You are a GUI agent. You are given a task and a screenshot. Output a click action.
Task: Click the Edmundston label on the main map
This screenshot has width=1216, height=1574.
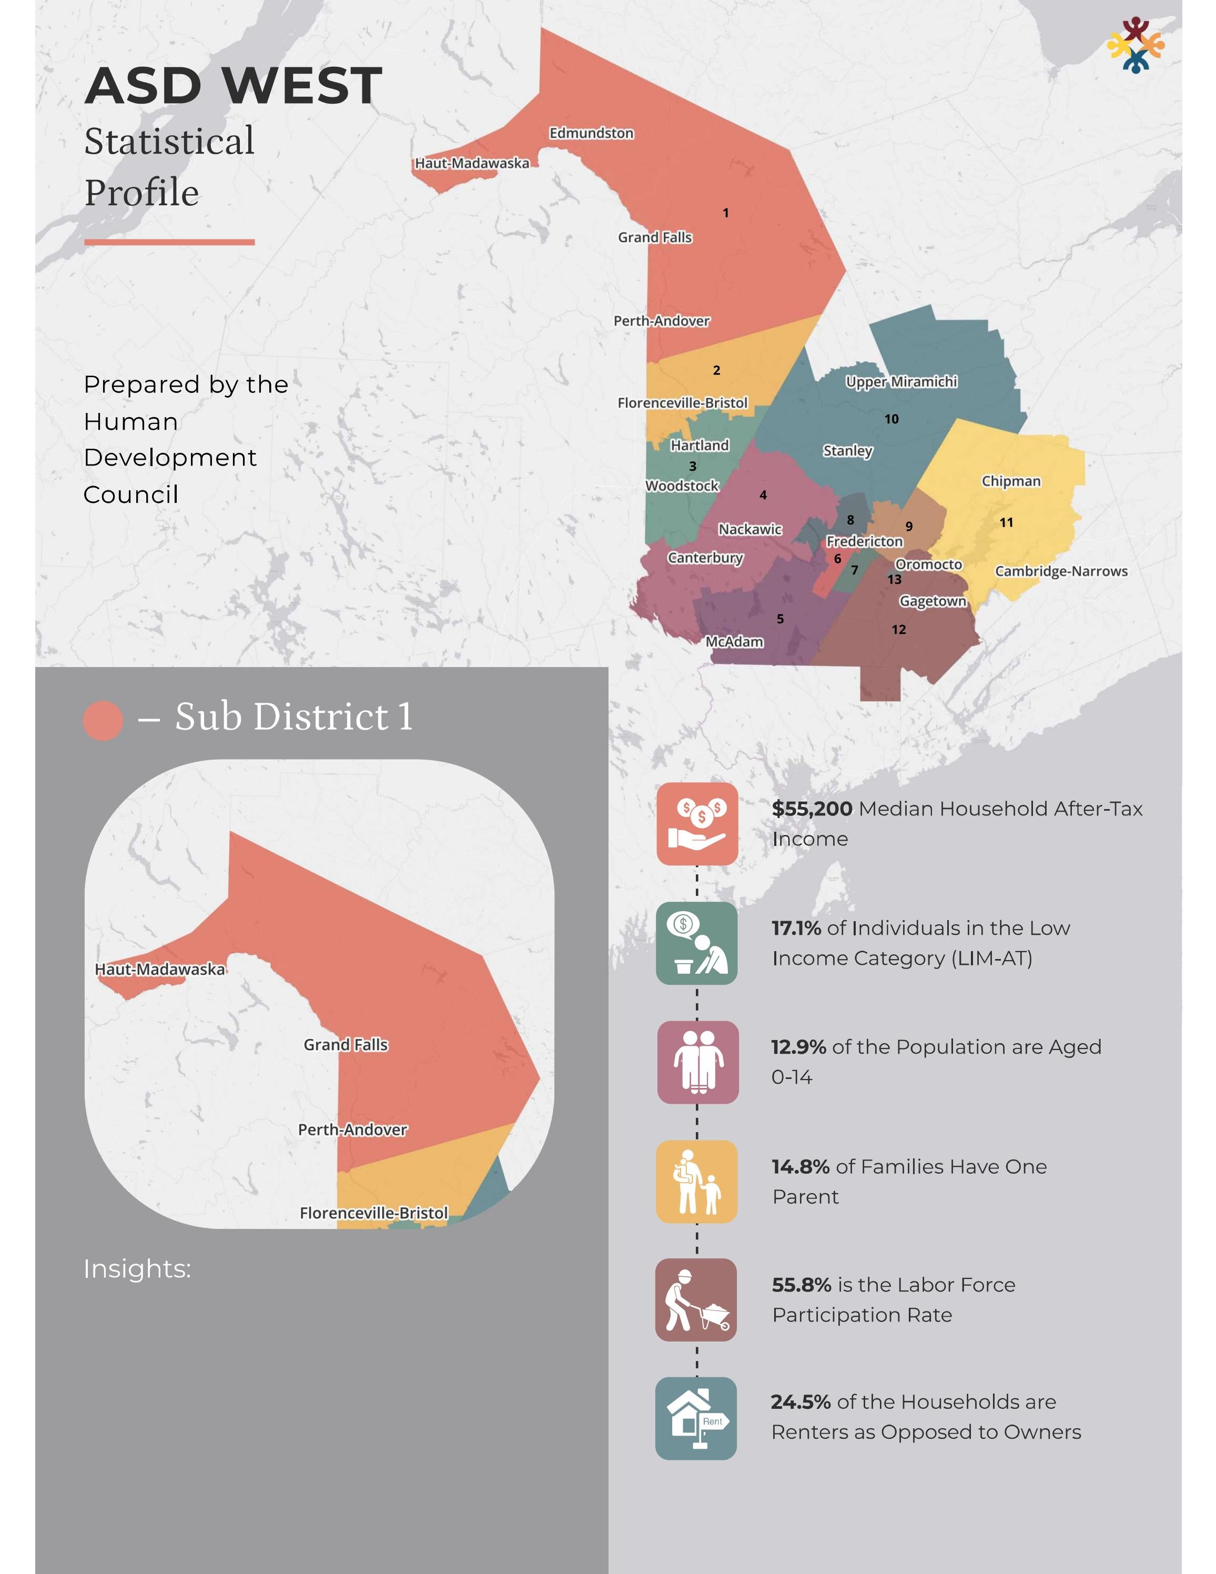point(591,133)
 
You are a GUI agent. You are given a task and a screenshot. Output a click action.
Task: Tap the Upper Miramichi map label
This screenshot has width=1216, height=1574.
point(900,381)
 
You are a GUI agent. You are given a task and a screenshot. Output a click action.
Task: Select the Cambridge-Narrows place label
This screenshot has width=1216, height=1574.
point(1060,571)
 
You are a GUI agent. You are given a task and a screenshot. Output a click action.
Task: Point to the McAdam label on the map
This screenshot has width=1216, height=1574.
point(734,641)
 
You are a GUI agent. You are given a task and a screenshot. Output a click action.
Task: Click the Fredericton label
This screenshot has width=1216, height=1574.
point(864,541)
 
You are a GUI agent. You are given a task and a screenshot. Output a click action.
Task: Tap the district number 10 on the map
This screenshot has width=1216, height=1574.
point(891,419)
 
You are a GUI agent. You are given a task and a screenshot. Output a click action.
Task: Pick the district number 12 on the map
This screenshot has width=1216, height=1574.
point(898,629)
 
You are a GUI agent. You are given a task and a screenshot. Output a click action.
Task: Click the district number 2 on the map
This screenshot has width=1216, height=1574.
point(716,370)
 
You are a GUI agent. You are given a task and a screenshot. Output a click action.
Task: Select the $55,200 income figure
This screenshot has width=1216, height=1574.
point(812,809)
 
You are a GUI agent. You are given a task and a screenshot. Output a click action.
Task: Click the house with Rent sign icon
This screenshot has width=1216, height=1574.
point(696,1418)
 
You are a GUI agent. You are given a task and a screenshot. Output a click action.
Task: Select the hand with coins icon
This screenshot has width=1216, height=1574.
point(696,824)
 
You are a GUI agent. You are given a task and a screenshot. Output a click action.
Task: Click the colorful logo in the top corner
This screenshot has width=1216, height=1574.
point(1136,45)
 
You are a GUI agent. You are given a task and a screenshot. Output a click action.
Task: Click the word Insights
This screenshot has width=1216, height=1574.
point(137,1268)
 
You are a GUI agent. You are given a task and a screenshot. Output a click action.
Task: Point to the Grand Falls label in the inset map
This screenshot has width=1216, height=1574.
point(345,1044)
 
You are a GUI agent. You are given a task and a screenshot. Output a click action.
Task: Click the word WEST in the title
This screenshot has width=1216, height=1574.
point(302,86)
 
